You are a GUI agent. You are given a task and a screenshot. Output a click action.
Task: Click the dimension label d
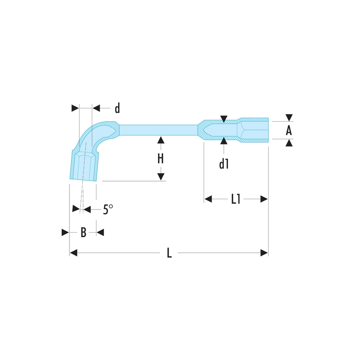(117, 108)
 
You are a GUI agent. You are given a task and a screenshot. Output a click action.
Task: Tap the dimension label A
(289, 130)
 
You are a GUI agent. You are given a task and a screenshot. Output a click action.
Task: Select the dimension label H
(161, 158)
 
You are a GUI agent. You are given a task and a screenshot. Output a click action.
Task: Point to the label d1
(224, 164)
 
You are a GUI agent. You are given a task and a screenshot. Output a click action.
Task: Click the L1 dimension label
(235, 199)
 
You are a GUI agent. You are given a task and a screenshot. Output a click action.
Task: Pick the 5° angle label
(108, 209)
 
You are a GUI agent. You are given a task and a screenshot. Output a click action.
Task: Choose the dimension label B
(84, 232)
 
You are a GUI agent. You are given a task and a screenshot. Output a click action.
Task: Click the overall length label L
(169, 253)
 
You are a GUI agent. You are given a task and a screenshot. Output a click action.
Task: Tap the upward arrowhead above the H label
(161, 140)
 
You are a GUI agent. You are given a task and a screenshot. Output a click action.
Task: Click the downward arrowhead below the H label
(161, 177)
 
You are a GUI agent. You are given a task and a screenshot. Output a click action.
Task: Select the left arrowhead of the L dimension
(73, 253)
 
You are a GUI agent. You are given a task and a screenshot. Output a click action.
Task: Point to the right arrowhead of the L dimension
(264, 253)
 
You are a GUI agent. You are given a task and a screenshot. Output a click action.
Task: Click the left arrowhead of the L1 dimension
(208, 199)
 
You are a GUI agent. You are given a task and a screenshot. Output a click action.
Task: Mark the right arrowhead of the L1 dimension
(264, 199)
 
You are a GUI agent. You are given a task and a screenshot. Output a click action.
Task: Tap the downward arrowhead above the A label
(289, 118)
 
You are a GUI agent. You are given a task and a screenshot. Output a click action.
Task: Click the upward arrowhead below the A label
(289, 143)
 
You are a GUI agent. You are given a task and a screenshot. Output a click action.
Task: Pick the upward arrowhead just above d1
(224, 141)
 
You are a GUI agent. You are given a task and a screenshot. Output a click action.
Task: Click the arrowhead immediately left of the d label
(96, 108)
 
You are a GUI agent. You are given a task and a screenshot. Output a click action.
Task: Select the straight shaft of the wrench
(158, 130)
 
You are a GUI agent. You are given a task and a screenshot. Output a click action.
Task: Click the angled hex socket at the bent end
(84, 165)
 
